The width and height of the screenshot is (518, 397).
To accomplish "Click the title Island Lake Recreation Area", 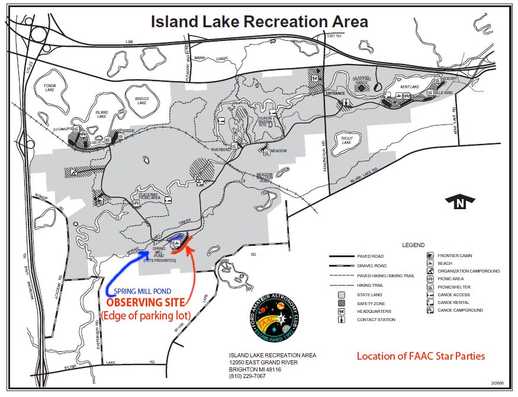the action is (259, 22).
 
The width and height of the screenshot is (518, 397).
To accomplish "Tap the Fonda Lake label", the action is (49, 87).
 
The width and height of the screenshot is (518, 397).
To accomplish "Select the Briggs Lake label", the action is (141, 100).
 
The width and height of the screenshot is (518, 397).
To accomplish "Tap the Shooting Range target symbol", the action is (361, 88).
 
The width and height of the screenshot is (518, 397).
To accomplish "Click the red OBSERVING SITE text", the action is (145, 303).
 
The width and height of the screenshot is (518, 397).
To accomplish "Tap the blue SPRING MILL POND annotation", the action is (143, 292).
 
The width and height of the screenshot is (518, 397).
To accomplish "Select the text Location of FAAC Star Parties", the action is (420, 356).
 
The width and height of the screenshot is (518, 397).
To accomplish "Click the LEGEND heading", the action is (413, 245).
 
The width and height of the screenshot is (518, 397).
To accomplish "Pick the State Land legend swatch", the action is (341, 294).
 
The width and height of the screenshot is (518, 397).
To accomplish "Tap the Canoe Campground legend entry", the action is (460, 310).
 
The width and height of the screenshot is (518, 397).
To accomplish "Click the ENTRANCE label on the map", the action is (335, 94).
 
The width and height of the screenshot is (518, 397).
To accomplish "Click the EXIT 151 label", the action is (335, 36).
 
